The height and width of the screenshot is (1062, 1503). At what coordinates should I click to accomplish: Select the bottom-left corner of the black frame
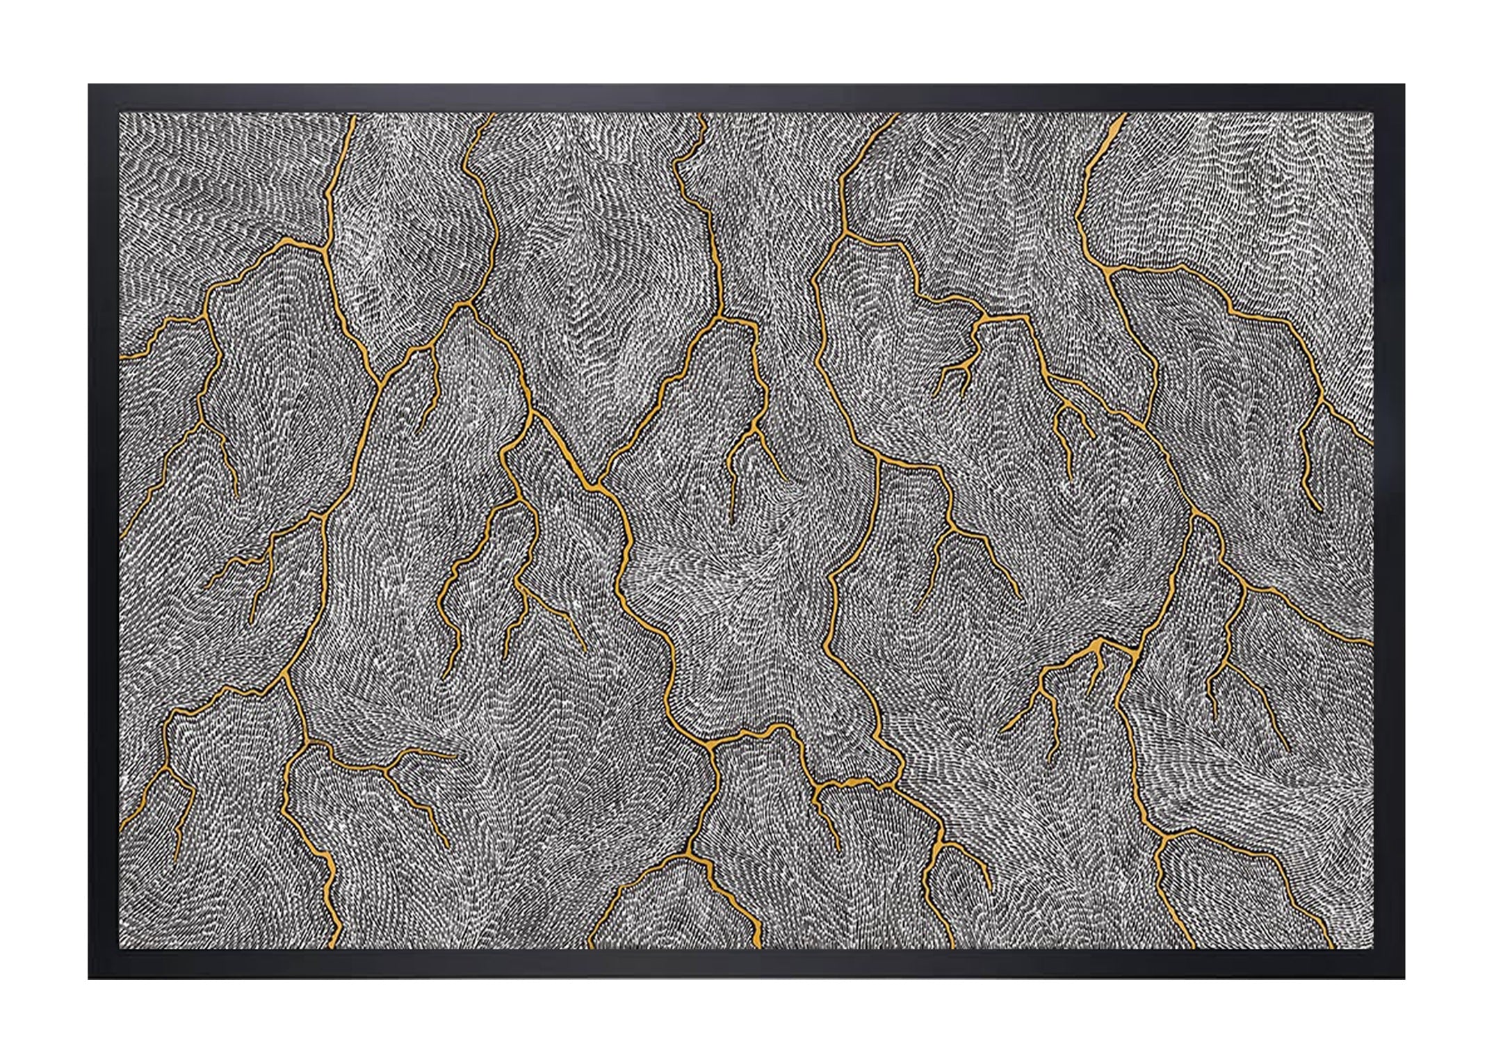click(x=89, y=979)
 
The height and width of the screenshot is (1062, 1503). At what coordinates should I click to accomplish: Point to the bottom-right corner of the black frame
click(x=1404, y=979)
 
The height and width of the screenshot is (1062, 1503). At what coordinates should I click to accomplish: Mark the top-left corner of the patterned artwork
click(x=120, y=114)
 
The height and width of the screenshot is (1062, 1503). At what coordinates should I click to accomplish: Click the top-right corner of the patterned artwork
click(x=1374, y=114)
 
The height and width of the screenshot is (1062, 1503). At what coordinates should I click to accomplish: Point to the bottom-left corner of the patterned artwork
click(x=120, y=949)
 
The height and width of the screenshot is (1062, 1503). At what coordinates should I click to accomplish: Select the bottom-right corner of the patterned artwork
click(x=1374, y=949)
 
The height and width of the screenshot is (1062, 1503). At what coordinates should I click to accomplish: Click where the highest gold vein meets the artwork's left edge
click(x=121, y=357)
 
